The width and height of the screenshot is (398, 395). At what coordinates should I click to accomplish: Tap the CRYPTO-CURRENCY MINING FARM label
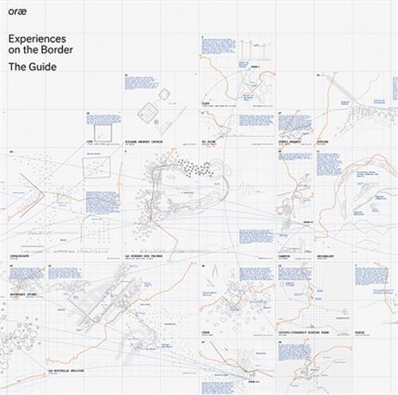pyautogui.click(x=306, y=331)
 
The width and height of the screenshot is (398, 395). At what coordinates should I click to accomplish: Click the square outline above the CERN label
pyautogui.click(x=103, y=131)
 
